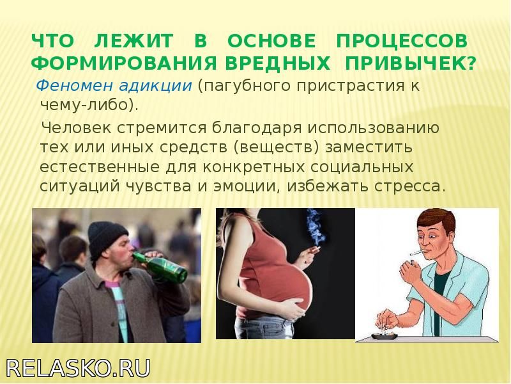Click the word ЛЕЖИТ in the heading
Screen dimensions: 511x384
(x=133, y=41)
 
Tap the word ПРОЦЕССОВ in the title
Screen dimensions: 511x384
(x=402, y=41)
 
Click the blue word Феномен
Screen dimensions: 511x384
(x=75, y=86)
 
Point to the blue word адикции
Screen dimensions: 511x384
(x=155, y=86)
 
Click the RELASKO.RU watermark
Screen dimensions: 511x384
(x=78, y=369)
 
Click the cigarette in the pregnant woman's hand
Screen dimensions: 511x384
(x=314, y=250)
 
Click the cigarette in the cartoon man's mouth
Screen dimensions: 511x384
(x=418, y=253)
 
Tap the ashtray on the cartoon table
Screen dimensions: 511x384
(x=385, y=335)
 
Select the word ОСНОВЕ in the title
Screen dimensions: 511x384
(x=271, y=41)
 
